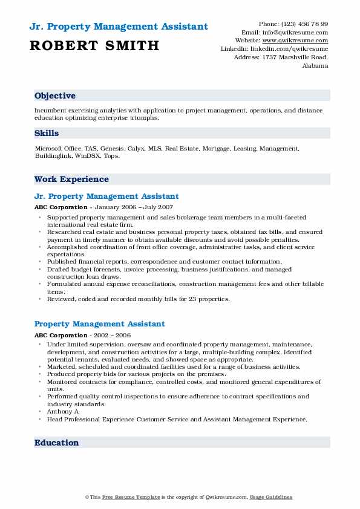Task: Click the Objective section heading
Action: (x=55, y=96)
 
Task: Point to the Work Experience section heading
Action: (x=71, y=180)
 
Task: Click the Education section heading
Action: (x=57, y=443)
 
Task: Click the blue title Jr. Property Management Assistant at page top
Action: (x=118, y=27)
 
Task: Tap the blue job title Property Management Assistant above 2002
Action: (x=100, y=325)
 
